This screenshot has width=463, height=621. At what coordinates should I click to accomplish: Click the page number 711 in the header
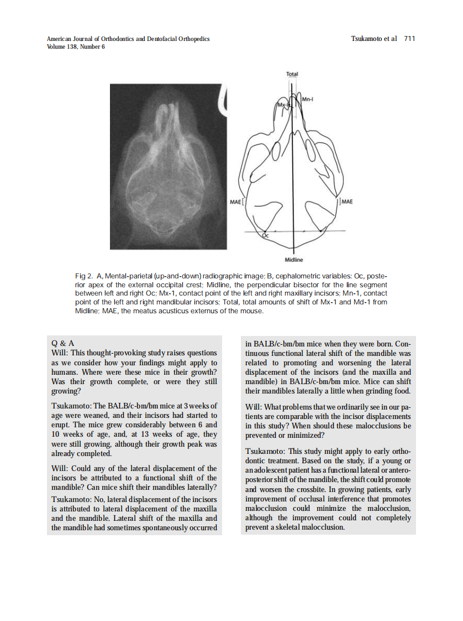click(x=409, y=39)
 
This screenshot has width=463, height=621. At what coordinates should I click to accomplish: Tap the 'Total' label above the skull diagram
click(x=292, y=74)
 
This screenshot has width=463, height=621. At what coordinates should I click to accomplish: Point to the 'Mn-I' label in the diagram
click(x=309, y=99)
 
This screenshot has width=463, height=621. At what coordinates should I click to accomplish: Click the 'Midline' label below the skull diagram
click(x=293, y=260)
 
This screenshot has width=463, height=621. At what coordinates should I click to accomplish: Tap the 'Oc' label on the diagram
click(x=265, y=236)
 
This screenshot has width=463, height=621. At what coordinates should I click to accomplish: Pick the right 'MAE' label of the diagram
click(x=347, y=201)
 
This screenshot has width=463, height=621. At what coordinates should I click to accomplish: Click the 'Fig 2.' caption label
click(x=83, y=276)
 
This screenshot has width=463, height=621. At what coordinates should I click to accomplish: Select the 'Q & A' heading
click(x=62, y=343)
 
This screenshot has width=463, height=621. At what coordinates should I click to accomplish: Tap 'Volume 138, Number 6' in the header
click(x=76, y=46)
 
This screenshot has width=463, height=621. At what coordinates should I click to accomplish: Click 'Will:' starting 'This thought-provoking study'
click(x=60, y=353)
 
